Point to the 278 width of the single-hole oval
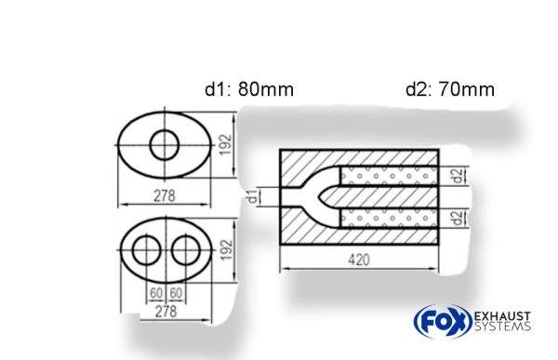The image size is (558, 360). (167, 197)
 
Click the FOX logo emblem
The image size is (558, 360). (436, 321)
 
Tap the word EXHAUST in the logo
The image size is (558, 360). (501, 315)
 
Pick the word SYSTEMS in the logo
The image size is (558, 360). (501, 327)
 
